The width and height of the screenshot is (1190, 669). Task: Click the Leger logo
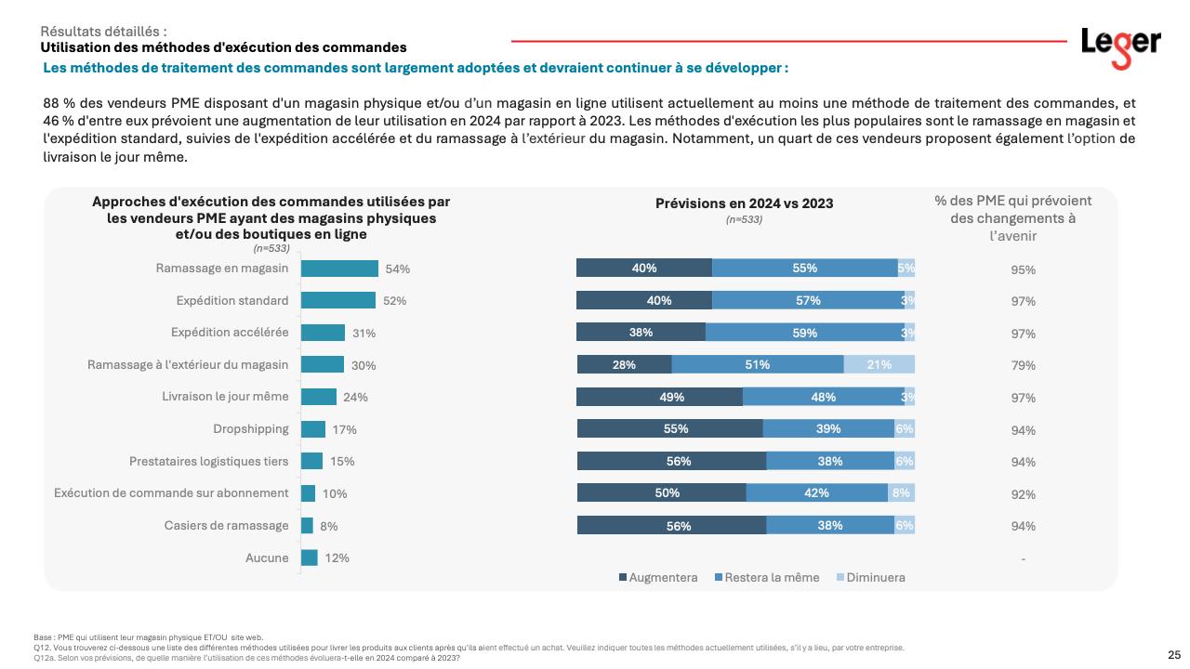[1120, 46]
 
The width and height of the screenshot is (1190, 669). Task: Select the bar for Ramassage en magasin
[340, 269]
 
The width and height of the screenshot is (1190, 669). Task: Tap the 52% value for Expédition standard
[395, 301]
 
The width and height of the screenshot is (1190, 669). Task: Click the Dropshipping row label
[251, 429]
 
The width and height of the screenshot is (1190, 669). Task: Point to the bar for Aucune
[310, 557]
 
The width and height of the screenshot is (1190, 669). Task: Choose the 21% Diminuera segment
[879, 364]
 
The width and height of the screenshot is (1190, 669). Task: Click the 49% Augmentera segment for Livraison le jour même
[659, 397]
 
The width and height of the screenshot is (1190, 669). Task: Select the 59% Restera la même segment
[805, 333]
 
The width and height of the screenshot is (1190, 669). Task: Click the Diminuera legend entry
[870, 578]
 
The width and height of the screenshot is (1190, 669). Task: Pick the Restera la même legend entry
[766, 578]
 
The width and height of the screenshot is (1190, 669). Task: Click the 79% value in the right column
[1023, 365]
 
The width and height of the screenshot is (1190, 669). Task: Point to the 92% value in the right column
[1023, 494]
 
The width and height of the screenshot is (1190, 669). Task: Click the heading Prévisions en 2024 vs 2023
[744, 203]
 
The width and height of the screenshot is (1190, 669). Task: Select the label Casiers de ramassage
[227, 525]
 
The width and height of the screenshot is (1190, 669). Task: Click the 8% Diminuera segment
[901, 493]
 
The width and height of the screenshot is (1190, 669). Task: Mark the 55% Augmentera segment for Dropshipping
[669, 428]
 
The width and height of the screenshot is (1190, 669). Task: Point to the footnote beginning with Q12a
[246, 658]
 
